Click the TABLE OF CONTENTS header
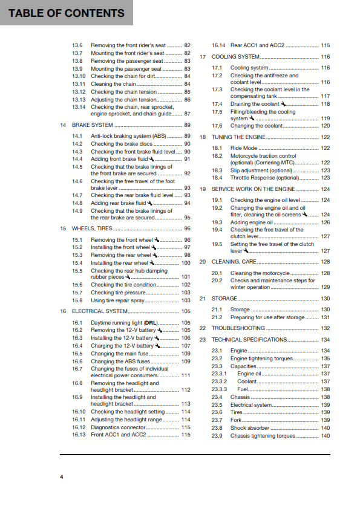click(x=67, y=13)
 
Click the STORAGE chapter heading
click(x=224, y=299)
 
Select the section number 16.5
click(x=77, y=354)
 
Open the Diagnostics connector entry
click(x=119, y=427)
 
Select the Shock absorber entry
click(x=250, y=428)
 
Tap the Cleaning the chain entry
click(x=113, y=84)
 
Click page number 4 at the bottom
click(x=61, y=477)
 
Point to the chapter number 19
click(x=203, y=189)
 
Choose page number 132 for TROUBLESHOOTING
click(x=325, y=328)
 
